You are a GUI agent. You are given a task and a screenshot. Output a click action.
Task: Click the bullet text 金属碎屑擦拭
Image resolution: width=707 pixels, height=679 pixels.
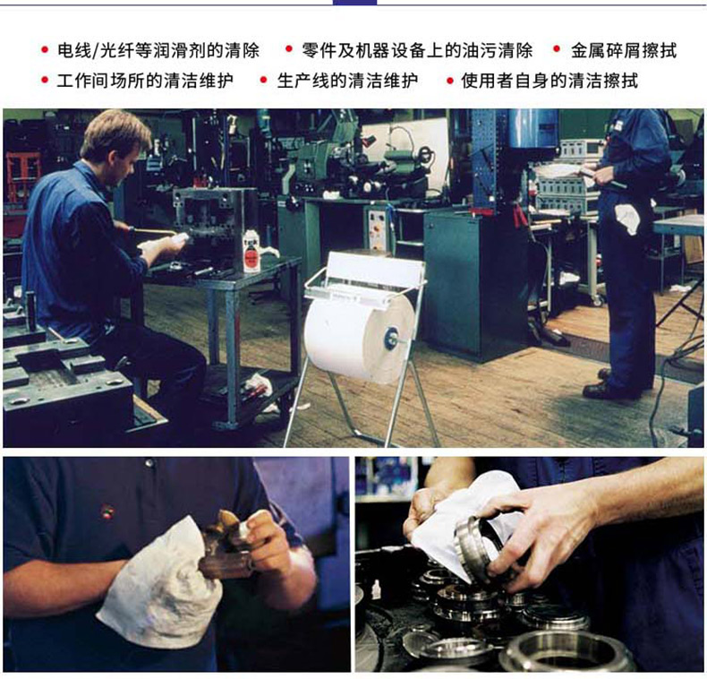[x=624, y=50]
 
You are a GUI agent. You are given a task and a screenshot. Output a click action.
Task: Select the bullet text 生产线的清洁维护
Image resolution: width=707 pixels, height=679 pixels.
[x=347, y=81]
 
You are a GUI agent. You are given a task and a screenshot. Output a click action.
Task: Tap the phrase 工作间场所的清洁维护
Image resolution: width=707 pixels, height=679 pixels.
[x=145, y=81]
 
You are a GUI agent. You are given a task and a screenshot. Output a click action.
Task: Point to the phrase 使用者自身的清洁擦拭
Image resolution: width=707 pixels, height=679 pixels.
[x=549, y=81]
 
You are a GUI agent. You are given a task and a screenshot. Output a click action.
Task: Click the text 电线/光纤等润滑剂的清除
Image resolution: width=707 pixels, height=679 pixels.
[x=158, y=50]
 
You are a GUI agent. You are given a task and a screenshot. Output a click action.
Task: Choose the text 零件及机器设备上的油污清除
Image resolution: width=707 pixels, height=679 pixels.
[x=417, y=50]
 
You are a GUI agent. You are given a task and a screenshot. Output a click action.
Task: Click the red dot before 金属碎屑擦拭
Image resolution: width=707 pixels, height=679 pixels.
[x=557, y=48]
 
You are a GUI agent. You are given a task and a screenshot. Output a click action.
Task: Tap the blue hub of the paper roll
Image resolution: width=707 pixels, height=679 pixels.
[x=389, y=339]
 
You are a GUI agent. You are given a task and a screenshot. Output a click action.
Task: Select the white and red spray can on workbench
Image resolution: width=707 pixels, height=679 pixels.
[x=251, y=251]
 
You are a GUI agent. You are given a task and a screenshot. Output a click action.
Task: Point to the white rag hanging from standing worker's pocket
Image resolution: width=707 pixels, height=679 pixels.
[x=627, y=218]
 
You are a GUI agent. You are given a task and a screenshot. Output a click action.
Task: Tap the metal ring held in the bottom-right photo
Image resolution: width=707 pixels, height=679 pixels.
[x=479, y=548]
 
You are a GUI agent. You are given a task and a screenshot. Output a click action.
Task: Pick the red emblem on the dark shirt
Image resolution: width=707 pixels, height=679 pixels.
[x=106, y=512]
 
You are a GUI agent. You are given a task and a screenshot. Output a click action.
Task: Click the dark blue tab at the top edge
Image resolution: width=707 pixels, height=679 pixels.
[x=355, y=3]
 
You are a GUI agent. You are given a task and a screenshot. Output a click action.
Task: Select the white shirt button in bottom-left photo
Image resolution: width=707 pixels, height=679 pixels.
[x=149, y=463]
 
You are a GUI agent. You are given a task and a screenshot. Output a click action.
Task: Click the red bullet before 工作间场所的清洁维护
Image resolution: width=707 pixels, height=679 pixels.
[x=45, y=80]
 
